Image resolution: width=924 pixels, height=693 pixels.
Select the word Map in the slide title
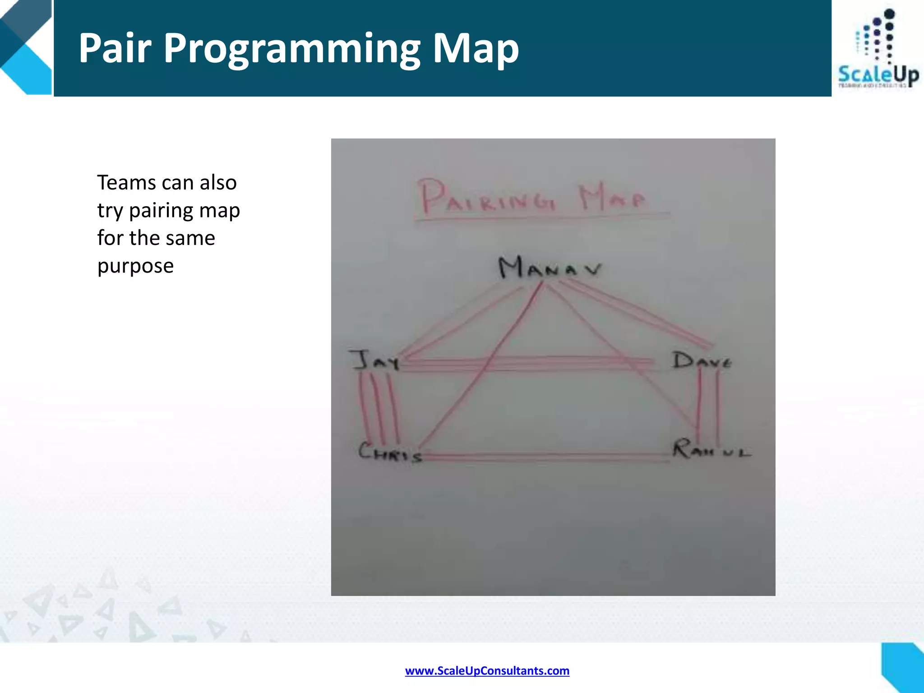coord(476,49)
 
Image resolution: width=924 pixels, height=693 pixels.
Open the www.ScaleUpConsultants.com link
coord(487,670)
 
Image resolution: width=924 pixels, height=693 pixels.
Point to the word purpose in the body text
coord(135,266)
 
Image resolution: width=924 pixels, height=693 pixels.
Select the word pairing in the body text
coord(161,211)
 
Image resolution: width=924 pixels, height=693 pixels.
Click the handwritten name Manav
coord(549,267)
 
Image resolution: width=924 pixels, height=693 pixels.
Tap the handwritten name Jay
coord(374,360)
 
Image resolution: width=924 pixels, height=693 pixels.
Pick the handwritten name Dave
coord(701,361)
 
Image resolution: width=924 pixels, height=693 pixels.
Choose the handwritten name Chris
coord(390,452)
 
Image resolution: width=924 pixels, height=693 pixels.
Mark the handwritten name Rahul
coord(711,449)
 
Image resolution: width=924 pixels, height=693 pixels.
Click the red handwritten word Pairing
coord(486,198)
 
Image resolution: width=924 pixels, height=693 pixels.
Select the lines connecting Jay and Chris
coord(379,408)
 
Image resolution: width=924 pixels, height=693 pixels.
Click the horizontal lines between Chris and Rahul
coord(546,457)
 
